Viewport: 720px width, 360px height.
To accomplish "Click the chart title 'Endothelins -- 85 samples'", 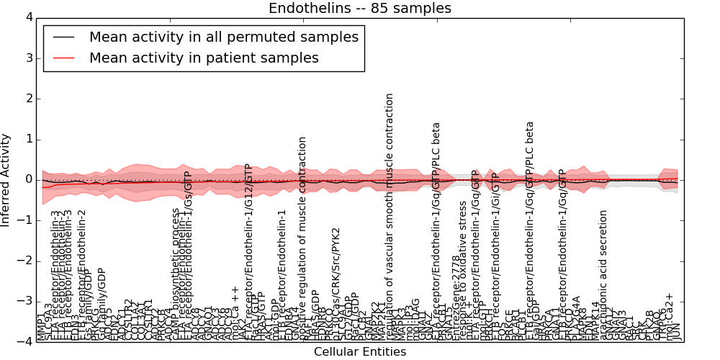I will tap(360, 9).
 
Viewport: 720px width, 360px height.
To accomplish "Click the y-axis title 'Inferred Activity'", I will tap(6, 179).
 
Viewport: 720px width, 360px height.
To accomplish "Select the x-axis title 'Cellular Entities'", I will tap(360, 352).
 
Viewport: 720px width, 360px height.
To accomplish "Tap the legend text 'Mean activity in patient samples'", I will tap(204, 58).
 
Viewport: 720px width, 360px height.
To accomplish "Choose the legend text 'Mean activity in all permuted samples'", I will tap(224, 37).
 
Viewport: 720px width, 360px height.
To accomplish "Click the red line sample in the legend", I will tap(64, 58).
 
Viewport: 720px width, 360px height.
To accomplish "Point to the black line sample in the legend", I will tap(64, 37).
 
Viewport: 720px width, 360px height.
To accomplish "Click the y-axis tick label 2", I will tap(28, 99).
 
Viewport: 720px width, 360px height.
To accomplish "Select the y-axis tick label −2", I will tap(25, 261).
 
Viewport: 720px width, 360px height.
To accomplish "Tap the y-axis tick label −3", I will tap(25, 301).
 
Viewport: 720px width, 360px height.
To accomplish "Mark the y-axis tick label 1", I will tap(28, 139).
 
